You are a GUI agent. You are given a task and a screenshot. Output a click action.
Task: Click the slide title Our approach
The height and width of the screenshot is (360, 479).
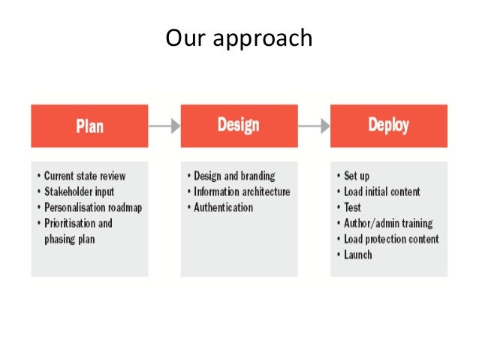(239, 38)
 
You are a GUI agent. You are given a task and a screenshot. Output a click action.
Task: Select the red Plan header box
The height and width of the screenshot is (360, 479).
(89, 126)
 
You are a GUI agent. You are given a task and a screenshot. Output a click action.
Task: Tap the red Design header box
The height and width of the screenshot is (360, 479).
(239, 126)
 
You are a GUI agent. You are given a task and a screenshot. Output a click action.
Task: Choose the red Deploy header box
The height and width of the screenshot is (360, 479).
(388, 126)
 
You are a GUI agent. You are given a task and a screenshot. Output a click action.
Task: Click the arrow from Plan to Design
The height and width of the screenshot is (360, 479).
(164, 126)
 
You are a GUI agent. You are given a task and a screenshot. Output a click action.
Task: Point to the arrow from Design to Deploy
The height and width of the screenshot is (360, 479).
(314, 126)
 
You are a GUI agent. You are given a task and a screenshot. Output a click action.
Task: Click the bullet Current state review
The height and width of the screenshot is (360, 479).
(84, 176)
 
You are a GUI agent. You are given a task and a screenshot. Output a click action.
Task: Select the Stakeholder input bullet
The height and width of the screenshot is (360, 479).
(79, 192)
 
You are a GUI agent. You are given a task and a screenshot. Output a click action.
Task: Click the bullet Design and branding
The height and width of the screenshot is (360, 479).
(234, 176)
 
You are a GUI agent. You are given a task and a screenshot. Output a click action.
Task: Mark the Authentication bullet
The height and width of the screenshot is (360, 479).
(223, 207)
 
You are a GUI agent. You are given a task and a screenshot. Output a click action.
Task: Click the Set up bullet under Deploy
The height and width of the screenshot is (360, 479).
(357, 176)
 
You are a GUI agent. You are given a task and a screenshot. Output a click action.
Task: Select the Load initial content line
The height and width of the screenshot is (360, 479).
(382, 192)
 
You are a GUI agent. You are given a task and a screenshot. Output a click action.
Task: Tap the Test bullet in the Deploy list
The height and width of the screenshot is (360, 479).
(353, 207)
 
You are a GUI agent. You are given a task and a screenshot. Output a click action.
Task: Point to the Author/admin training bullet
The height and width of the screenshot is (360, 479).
(388, 223)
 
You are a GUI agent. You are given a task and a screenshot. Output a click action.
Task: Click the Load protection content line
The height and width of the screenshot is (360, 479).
(391, 239)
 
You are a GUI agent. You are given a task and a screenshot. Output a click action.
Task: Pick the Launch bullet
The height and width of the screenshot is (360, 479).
(358, 255)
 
